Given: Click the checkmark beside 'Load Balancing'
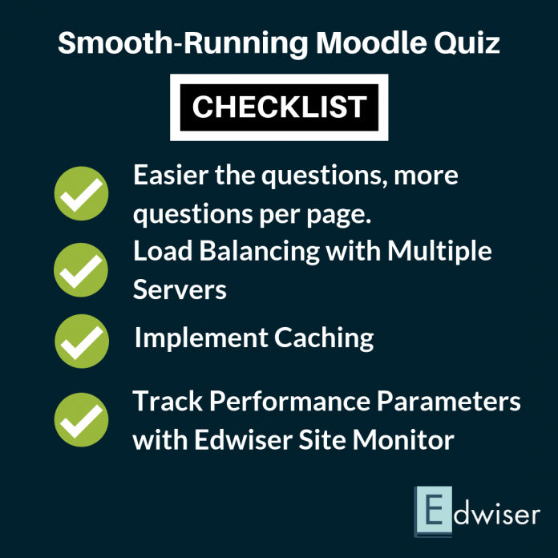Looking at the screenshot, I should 81,270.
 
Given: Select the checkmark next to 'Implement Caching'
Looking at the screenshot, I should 81,341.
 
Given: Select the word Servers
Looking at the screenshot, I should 180,289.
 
